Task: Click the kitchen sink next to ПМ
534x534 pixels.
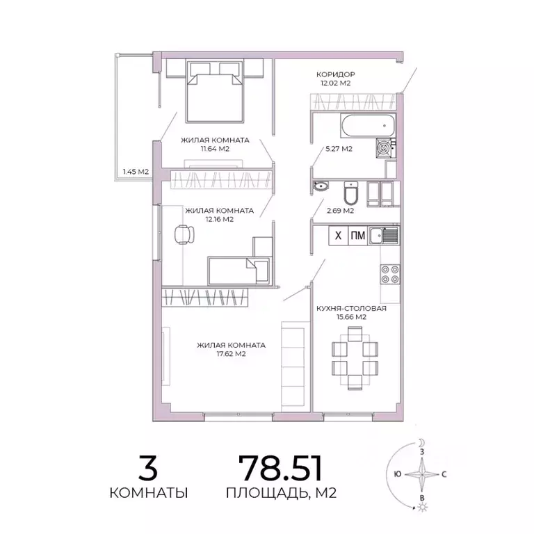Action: (x=385, y=236)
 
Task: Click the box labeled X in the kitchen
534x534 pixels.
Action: (x=338, y=236)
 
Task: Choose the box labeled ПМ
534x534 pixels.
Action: (x=357, y=236)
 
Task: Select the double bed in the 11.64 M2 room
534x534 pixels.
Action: (x=215, y=90)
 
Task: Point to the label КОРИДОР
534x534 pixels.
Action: (x=337, y=74)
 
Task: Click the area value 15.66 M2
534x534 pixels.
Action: (x=351, y=316)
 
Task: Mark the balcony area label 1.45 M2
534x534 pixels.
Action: (x=131, y=170)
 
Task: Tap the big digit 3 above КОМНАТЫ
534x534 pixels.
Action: (x=148, y=467)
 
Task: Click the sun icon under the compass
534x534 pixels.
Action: (x=422, y=508)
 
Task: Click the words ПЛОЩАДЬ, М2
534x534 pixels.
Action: (x=281, y=494)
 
